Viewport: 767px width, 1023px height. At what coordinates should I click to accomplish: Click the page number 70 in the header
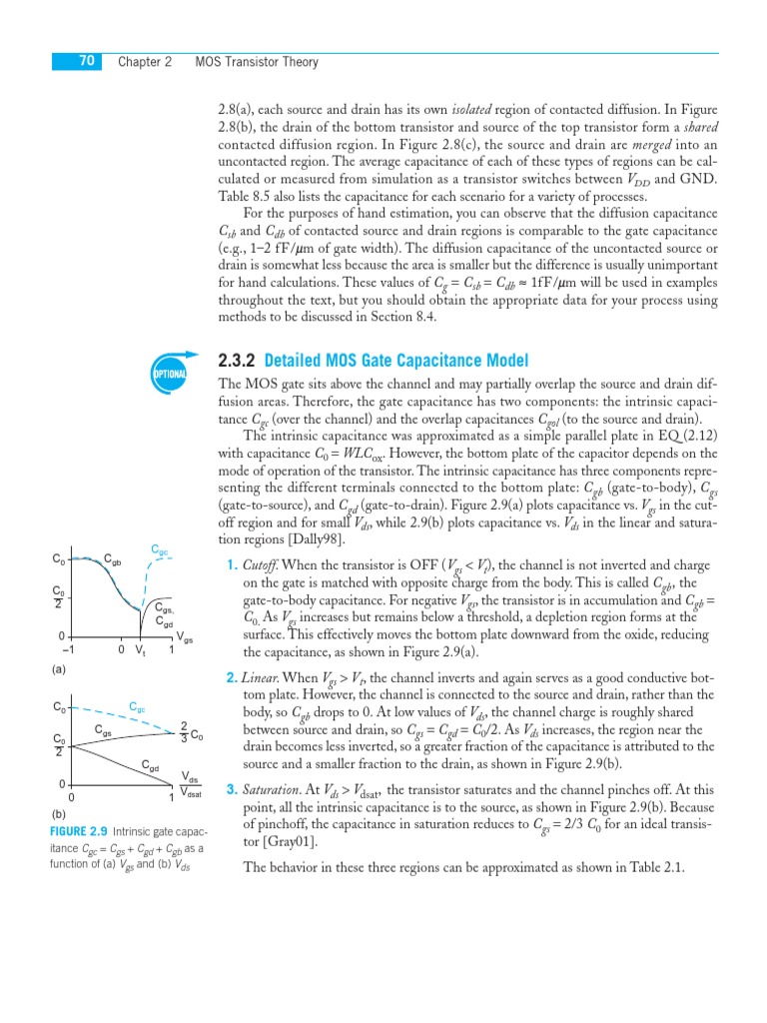click(86, 62)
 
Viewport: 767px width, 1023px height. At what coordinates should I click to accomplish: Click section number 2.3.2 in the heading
click(237, 361)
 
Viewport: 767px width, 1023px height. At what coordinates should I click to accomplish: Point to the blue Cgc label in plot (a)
click(160, 550)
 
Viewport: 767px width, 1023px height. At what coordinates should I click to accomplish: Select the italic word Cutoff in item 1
click(263, 564)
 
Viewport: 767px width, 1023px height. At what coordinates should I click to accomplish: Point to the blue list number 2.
click(231, 678)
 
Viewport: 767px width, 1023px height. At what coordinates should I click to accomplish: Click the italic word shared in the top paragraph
click(684, 126)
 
